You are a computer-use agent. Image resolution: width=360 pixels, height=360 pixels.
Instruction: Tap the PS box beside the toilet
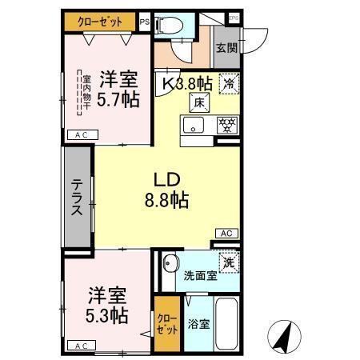[x=144, y=22]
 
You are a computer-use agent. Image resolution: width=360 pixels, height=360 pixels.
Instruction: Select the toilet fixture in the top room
[x=170, y=26]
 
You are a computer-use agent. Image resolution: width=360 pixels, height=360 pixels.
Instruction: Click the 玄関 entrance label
[x=226, y=47]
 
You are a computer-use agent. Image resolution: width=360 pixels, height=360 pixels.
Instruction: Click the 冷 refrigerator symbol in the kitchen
[x=229, y=82]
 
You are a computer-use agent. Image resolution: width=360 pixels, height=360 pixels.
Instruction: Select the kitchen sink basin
[x=194, y=126]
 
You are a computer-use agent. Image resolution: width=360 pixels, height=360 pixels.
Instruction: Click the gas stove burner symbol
[x=227, y=126]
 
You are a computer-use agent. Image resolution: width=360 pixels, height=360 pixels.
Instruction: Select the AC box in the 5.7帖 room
[x=81, y=137]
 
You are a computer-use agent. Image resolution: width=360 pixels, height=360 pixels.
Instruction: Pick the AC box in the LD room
[x=226, y=234]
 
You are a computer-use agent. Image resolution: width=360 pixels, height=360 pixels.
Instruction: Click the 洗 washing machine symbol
[x=229, y=262]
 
